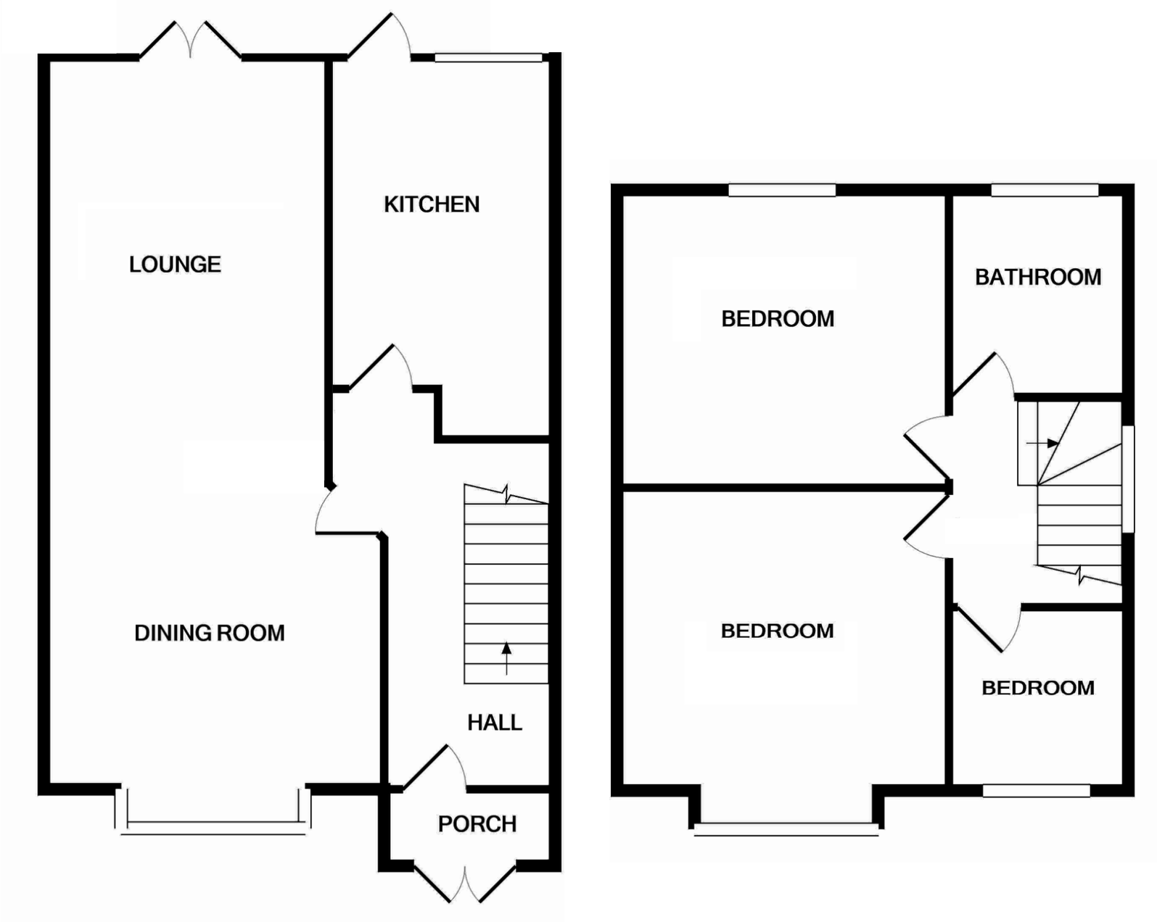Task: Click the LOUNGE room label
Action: click(x=175, y=265)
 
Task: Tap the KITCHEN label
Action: click(x=432, y=204)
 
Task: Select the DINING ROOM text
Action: click(x=209, y=633)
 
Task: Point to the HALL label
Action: click(x=494, y=722)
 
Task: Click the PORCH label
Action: click(x=477, y=823)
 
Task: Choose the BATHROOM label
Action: click(x=1037, y=277)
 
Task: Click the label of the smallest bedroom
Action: click(x=1037, y=687)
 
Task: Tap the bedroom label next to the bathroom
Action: click(x=777, y=318)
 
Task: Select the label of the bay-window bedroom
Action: click(x=777, y=631)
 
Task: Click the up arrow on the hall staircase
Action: click(x=506, y=657)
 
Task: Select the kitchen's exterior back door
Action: click(x=381, y=38)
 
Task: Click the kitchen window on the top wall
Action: click(x=488, y=57)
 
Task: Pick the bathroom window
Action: click(x=1045, y=190)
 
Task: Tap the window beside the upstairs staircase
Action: click(x=1128, y=479)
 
